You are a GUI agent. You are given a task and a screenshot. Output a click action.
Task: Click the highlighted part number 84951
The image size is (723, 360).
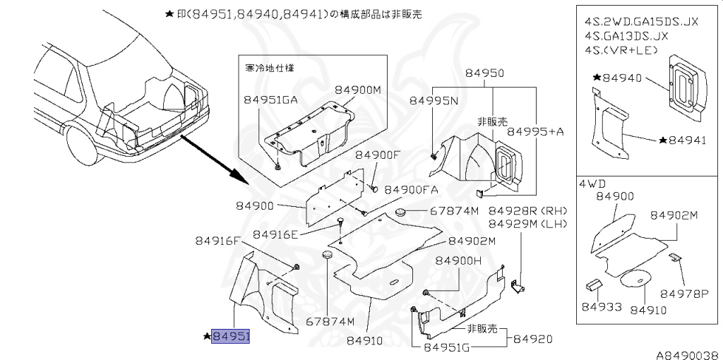tap(232, 337)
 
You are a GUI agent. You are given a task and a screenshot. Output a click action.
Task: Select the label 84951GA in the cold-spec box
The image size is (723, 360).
tap(270, 100)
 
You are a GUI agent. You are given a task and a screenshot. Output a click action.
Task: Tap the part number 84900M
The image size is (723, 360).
tap(357, 90)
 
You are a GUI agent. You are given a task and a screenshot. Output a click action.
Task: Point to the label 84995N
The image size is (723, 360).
tap(435, 101)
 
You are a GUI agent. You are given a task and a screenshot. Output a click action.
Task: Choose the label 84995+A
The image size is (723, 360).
tap(536, 131)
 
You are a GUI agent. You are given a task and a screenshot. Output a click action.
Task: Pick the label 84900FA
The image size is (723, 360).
tap(412, 190)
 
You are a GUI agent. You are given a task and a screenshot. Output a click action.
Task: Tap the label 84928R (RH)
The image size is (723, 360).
tap(528, 211)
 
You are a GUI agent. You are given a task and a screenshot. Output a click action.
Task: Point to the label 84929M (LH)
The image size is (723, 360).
tap(528, 224)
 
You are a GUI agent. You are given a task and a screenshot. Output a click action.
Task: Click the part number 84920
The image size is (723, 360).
tap(532, 339)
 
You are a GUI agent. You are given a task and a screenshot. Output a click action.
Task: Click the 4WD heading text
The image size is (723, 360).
tap(593, 182)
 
